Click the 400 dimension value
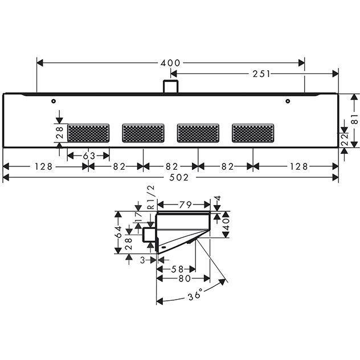click(x=170, y=63)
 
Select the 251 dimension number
click(x=261, y=74)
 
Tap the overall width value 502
click(x=179, y=178)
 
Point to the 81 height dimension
click(x=355, y=120)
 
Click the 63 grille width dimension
click(x=89, y=156)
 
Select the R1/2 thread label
click(x=151, y=197)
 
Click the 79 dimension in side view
click(x=186, y=204)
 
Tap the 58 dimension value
click(x=178, y=269)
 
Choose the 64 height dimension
click(x=118, y=232)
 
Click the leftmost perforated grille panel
click(x=88, y=133)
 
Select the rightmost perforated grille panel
click(x=253, y=133)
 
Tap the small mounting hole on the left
click(x=54, y=101)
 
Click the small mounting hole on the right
click(x=288, y=101)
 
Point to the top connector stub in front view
click(x=170, y=87)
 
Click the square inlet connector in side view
click(x=149, y=235)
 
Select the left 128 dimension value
click(x=44, y=166)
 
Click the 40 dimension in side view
click(x=226, y=224)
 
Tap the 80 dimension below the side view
click(x=185, y=279)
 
